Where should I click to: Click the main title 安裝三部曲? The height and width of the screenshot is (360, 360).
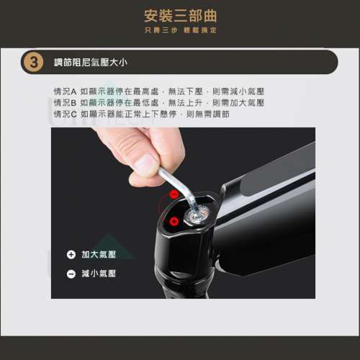pos(180,16)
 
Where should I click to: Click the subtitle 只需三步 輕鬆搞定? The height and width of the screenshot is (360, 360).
pos(180,30)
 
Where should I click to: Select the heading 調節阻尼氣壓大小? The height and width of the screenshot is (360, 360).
pos(90,62)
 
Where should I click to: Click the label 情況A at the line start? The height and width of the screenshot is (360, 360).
pos(65,92)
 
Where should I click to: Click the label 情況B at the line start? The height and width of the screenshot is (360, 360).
pos(65,103)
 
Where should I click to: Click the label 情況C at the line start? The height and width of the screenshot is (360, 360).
pos(65,114)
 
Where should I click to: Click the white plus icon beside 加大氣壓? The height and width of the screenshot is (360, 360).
pos(71,255)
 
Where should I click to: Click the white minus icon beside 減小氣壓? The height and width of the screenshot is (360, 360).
pos(71,274)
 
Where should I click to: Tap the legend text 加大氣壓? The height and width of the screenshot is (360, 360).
pos(99,255)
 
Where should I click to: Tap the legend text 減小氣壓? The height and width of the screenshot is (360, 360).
pos(99,274)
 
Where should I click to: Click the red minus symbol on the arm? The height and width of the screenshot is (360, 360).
pos(174,194)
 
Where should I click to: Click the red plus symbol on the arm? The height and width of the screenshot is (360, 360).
pos(173,221)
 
